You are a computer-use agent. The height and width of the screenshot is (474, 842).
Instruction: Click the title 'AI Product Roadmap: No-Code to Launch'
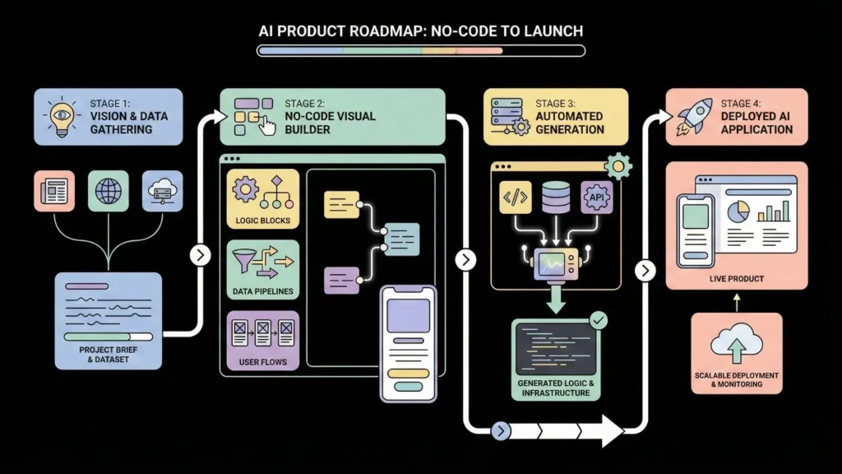click(x=420, y=31)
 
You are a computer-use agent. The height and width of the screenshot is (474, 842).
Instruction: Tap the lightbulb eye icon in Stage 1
click(x=61, y=115)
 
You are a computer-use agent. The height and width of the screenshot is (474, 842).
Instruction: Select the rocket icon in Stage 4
click(x=694, y=116)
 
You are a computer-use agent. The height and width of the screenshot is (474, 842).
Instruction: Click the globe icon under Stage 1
click(x=109, y=191)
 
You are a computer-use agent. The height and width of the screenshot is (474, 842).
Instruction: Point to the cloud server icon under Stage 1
click(x=161, y=191)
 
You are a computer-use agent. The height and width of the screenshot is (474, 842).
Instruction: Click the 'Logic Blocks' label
click(x=257, y=221)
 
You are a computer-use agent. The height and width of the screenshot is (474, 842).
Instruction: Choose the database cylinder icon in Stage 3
click(x=557, y=197)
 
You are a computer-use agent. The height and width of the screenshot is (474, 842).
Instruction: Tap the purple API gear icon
click(x=597, y=198)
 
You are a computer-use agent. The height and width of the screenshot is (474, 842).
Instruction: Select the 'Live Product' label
click(x=736, y=279)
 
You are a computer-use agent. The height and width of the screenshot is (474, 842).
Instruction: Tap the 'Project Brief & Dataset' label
click(x=109, y=354)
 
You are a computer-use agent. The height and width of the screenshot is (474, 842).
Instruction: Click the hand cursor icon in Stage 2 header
click(x=267, y=126)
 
